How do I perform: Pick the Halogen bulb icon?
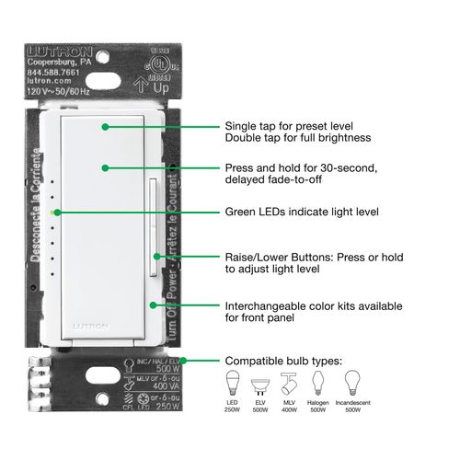click(318, 383)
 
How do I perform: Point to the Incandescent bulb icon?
click(352, 383)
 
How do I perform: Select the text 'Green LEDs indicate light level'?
click(290, 212)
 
